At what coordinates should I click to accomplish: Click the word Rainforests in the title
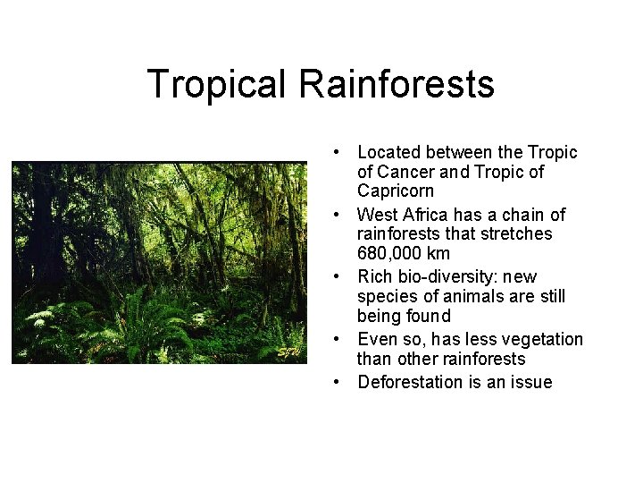[x=397, y=85]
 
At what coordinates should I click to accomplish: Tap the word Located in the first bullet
[x=389, y=153]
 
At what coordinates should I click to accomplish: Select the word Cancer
[x=405, y=172]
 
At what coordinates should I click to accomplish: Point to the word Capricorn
[x=396, y=191]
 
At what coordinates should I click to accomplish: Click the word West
[x=375, y=215]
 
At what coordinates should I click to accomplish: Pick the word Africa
[x=426, y=215]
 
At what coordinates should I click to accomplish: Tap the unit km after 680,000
[x=439, y=253]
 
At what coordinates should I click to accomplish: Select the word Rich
[x=375, y=277]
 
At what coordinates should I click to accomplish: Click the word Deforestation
[x=410, y=383]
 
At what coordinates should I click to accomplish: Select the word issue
[x=532, y=383]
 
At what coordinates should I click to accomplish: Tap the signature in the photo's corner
[x=288, y=351]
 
